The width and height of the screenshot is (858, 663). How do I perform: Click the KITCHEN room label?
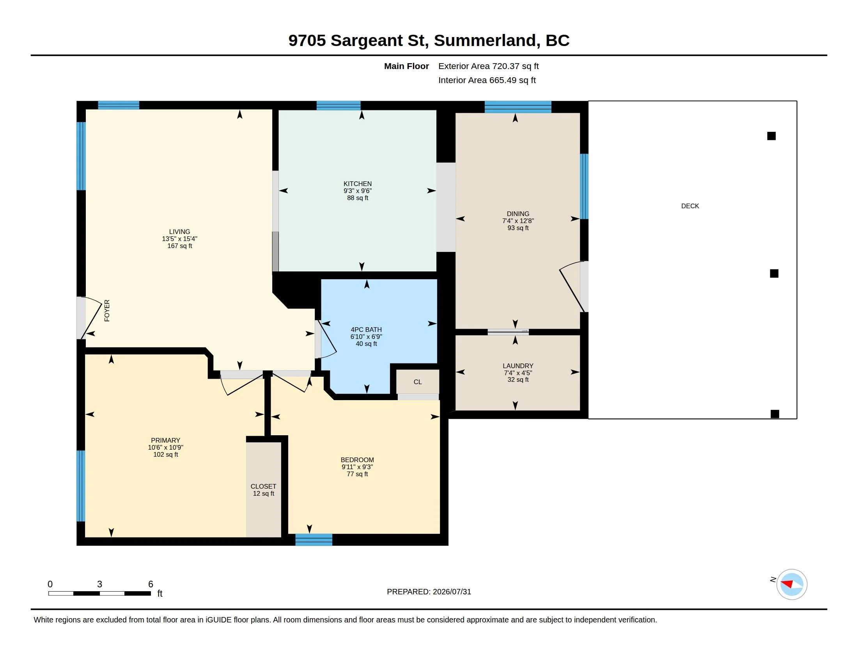tap(358, 184)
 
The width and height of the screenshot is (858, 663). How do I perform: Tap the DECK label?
tap(690, 206)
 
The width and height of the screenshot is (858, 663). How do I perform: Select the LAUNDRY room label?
tap(518, 366)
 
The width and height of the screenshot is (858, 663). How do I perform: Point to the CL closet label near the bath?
tap(418, 382)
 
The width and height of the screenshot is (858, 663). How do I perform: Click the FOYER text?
tap(107, 311)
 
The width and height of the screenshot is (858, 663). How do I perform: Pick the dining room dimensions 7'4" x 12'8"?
tap(518, 221)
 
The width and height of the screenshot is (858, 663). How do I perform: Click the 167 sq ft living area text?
tap(179, 246)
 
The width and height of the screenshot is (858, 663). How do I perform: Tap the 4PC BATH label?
tap(366, 330)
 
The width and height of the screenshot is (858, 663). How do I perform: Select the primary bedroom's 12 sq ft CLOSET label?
tap(263, 486)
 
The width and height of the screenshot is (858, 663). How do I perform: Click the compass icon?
tap(791, 585)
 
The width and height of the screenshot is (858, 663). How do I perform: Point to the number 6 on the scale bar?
tap(151, 584)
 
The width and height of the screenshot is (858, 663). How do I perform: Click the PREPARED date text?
tap(429, 592)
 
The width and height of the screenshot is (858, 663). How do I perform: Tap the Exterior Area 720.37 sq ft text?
tap(488, 66)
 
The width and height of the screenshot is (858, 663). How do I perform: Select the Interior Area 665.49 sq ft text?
tap(487, 80)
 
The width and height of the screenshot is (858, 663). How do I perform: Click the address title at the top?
tap(429, 40)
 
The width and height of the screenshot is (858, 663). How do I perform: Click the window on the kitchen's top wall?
tap(338, 105)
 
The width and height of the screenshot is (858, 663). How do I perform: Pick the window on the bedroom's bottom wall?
tap(314, 540)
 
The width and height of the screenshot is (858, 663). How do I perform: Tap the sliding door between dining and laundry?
tap(508, 332)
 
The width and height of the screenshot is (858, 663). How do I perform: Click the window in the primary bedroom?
tap(81, 486)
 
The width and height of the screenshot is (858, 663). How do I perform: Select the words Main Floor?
tap(406, 66)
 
